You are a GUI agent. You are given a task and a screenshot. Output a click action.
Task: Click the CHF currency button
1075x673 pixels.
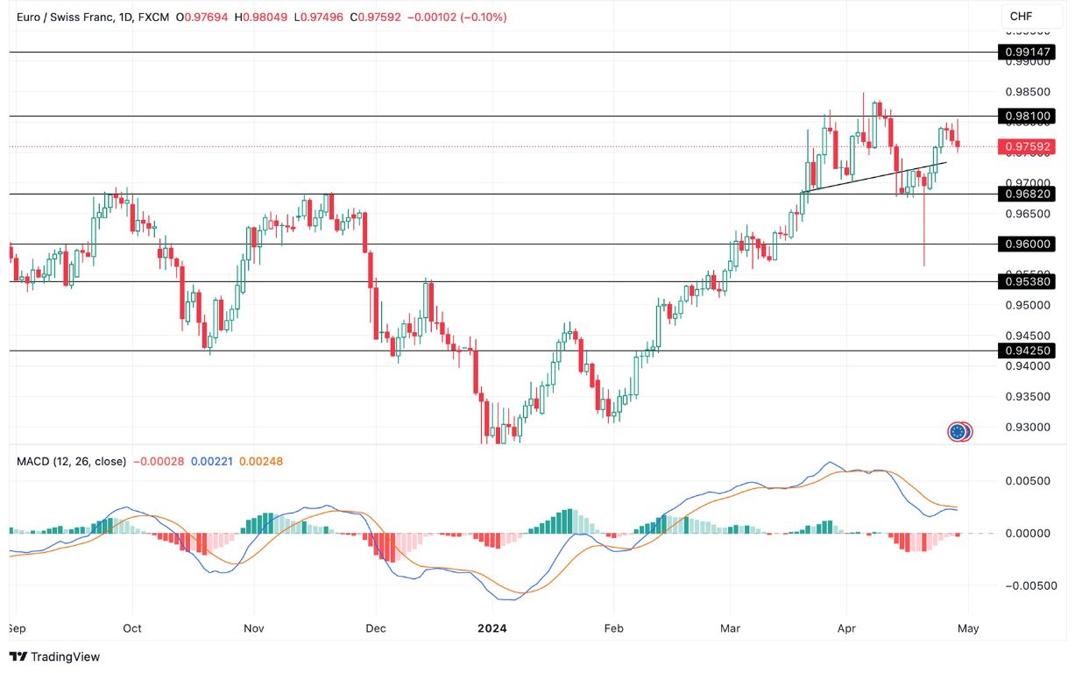pyautogui.click(x=1022, y=17)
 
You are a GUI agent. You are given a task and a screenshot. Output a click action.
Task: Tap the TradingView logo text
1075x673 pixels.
pyautogui.click(x=54, y=656)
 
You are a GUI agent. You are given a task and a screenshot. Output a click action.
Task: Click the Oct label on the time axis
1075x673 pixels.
pyautogui.click(x=132, y=628)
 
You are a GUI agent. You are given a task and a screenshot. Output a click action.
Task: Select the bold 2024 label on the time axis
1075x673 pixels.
pyautogui.click(x=492, y=628)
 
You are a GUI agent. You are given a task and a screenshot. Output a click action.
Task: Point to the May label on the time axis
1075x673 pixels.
pyautogui.click(x=968, y=628)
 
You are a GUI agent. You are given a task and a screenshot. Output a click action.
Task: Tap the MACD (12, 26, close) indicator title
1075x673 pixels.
pyautogui.click(x=71, y=461)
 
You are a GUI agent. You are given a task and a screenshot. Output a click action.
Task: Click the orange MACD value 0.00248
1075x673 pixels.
pyautogui.click(x=265, y=461)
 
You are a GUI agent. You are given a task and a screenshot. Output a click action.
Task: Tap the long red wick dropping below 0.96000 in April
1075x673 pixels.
pyautogui.click(x=923, y=237)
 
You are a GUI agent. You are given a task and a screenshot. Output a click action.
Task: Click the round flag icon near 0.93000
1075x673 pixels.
pyautogui.click(x=959, y=431)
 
